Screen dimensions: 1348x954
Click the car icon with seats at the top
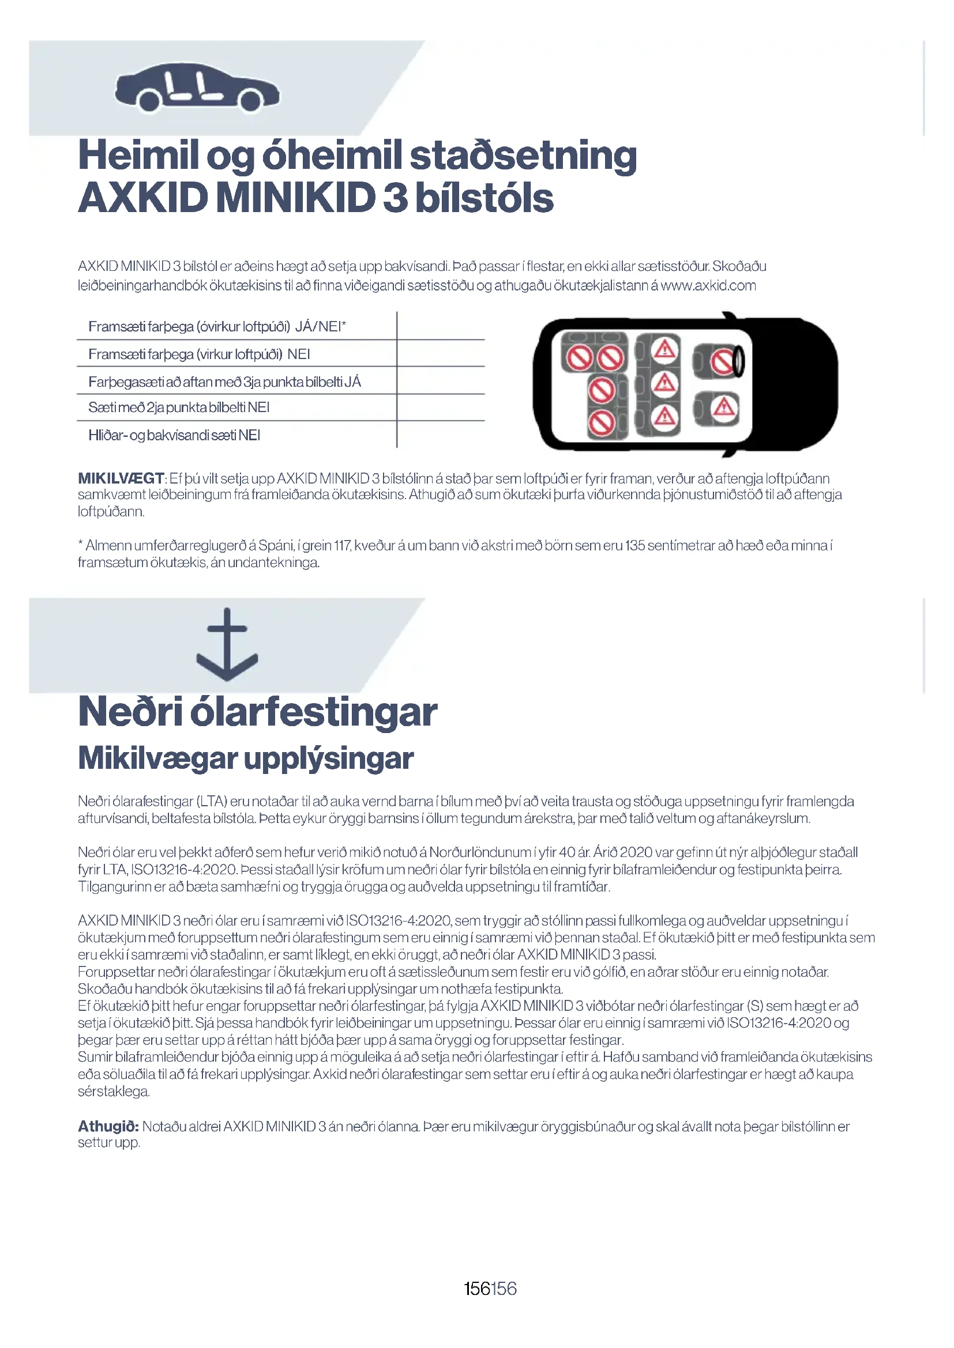coord(197,88)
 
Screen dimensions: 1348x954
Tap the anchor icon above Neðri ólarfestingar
coord(227,645)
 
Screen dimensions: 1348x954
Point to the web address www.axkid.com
coord(708,286)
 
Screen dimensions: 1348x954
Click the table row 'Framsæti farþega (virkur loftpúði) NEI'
coord(199,354)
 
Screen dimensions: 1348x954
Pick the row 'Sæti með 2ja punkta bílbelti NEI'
coord(179,407)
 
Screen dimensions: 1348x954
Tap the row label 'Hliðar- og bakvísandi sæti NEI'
coord(174,435)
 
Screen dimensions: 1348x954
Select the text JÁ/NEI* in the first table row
coord(321,326)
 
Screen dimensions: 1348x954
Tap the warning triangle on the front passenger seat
coord(724,406)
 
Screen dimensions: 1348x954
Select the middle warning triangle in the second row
coord(664,383)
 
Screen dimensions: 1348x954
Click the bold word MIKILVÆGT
coord(121,478)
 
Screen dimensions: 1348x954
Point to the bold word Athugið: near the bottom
coord(108,1126)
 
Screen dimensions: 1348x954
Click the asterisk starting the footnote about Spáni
coord(81,544)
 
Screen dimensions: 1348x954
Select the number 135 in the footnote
coord(635,545)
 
